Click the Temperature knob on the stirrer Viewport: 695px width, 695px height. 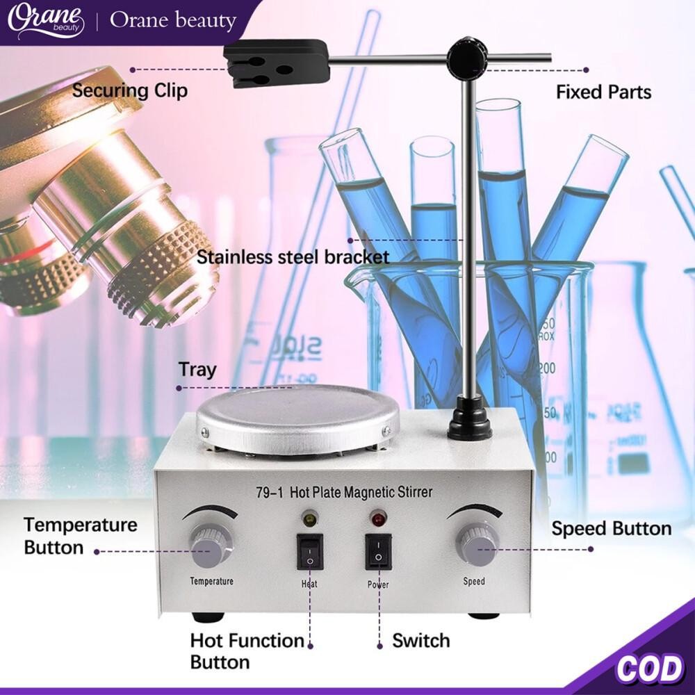[211, 545]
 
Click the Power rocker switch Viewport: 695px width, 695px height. [378, 552]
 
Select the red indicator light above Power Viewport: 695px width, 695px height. [377, 518]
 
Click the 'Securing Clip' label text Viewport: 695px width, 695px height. [130, 90]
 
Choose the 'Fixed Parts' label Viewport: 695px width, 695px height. [603, 92]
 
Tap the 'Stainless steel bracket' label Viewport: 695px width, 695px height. [293, 257]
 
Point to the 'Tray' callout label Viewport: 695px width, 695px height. [197, 369]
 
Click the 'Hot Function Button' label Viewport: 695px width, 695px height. [247, 651]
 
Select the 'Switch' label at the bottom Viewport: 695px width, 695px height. [420, 640]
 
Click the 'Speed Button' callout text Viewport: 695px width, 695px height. [611, 528]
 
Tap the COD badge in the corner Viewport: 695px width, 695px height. [649, 669]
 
